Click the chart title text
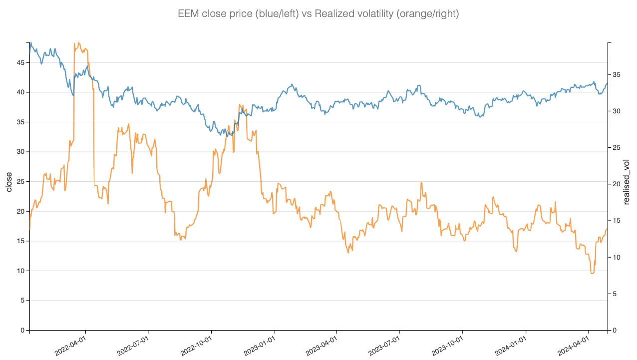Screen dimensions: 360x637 pos(318,14)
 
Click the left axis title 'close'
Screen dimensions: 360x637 pos(9,182)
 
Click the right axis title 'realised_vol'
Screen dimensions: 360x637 pos(627,182)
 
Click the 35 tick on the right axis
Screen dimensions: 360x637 pos(616,74)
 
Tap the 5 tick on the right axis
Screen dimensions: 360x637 pos(615,294)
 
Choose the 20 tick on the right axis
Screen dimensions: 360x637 pos(616,184)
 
